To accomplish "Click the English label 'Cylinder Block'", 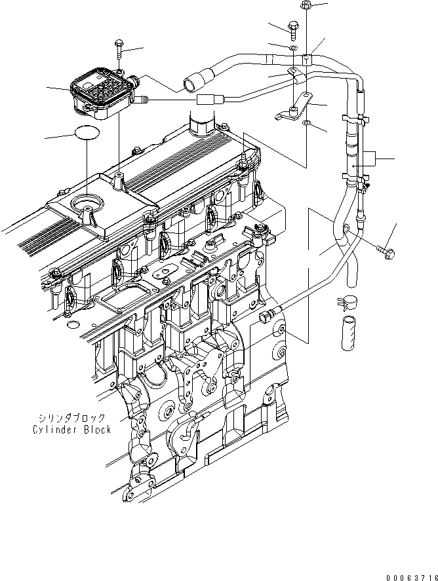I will [72, 430].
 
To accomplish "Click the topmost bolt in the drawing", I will [306, 7].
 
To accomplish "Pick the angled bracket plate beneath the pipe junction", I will [292, 108].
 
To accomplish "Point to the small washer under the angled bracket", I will [306, 122].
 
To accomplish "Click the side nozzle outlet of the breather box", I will [139, 100].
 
